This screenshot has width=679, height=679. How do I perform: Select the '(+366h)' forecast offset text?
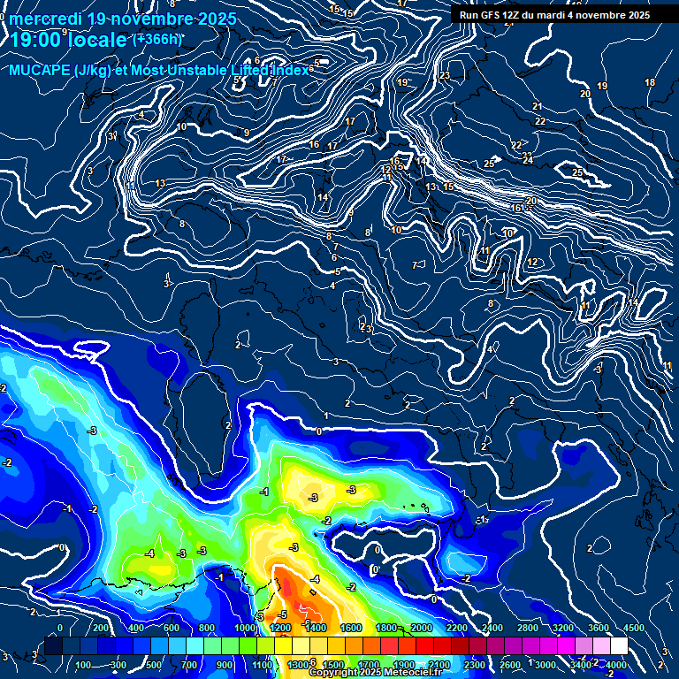pos(157,39)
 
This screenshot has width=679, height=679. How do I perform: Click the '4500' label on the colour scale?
pos(633,628)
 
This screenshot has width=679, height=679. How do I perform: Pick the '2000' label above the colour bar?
pos(421,628)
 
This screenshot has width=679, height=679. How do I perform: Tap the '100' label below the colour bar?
pos(83,665)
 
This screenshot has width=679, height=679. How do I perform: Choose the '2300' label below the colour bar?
pos(474,665)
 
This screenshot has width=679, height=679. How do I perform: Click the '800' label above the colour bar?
pos(206,628)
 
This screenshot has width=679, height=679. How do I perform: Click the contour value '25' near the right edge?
pos(578,172)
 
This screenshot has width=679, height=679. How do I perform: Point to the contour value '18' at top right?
pos(650,82)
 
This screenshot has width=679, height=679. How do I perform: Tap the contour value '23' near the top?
pos(445,75)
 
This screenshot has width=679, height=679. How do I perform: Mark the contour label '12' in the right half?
pos(533,263)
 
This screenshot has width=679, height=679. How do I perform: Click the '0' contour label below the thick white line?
pos(318,431)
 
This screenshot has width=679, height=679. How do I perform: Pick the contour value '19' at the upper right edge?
pos(602,86)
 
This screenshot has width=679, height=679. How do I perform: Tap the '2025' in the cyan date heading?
pos(210,19)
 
